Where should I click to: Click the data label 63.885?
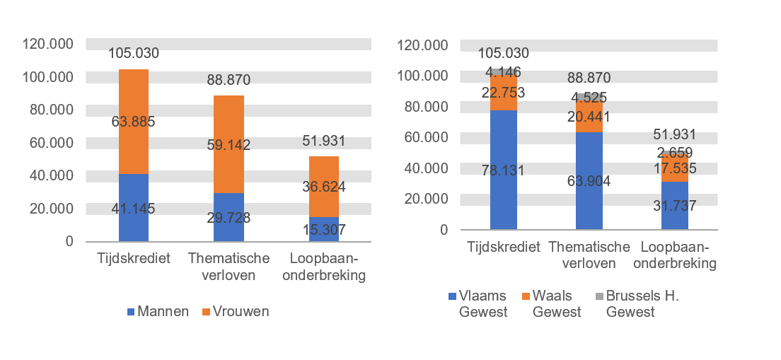(133, 122)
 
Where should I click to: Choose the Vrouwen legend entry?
(236, 312)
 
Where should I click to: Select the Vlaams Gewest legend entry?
(478, 304)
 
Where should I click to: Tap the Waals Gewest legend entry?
(551, 304)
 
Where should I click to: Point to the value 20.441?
(589, 117)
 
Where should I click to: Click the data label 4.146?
(504, 71)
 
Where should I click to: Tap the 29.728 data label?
(228, 216)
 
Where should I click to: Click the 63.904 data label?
(589, 180)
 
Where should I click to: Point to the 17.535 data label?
(675, 169)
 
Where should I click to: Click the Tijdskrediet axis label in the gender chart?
(133, 258)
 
